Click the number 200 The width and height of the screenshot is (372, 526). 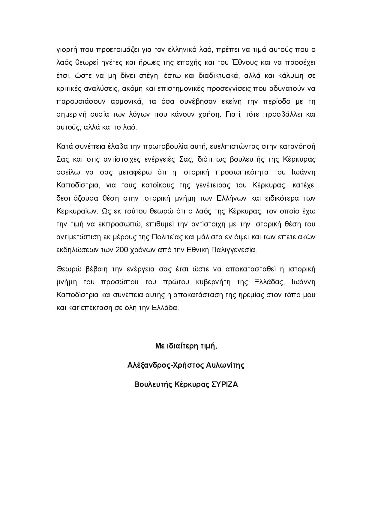click(121, 250)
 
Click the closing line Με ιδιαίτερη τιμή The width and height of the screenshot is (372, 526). click(186, 346)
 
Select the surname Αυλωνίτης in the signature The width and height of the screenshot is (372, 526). click(225, 365)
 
